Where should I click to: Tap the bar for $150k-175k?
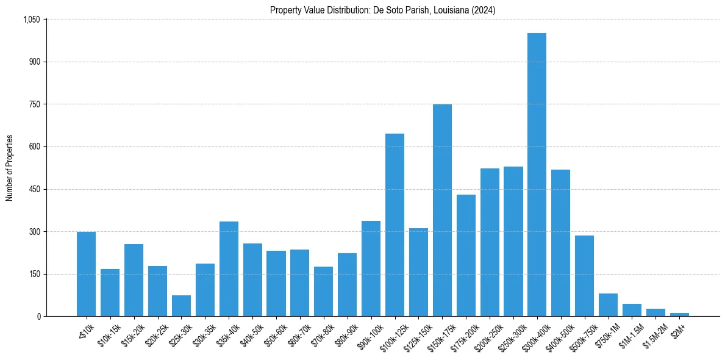(x=442, y=211)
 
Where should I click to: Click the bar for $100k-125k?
(x=395, y=225)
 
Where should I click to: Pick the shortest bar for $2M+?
(x=679, y=314)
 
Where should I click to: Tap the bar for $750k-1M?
(x=608, y=305)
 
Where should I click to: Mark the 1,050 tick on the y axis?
(x=31, y=20)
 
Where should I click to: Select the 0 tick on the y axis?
(x=38, y=317)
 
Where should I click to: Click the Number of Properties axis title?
(x=10, y=168)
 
